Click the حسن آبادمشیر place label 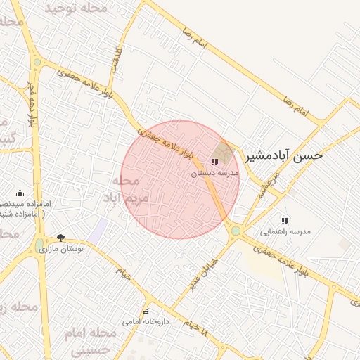pos(283,155)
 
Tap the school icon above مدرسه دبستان pos(214,162)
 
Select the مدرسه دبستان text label pos(215,172)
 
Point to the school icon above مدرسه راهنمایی pos(285,220)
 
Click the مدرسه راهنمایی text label pos(285,231)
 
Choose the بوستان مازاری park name pos(61,249)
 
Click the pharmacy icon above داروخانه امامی pos(146,311)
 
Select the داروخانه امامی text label pos(146,322)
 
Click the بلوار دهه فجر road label pos(31,105)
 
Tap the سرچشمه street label pos(262,184)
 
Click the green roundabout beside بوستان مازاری pos(39,245)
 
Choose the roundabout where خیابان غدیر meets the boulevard pos(236,230)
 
